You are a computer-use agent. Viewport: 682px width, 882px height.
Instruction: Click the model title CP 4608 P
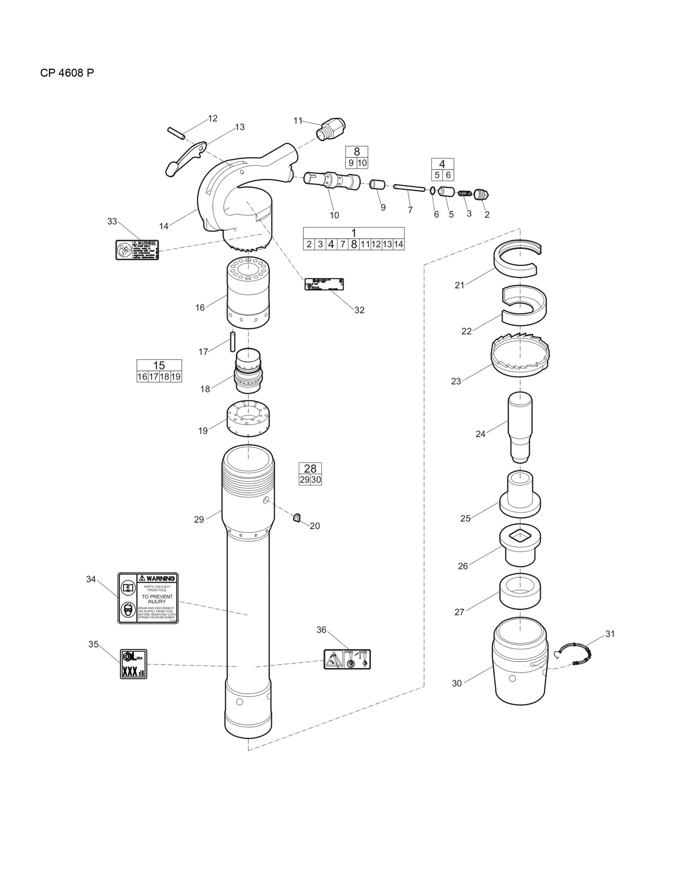click(x=67, y=73)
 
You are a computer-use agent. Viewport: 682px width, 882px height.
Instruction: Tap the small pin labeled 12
click(x=175, y=133)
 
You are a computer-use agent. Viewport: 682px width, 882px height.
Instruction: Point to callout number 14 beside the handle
click(x=164, y=226)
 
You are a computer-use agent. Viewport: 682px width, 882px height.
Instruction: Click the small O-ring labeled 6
click(x=432, y=191)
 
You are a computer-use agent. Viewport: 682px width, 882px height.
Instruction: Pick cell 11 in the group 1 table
click(x=365, y=244)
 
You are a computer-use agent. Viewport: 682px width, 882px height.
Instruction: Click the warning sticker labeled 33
click(x=137, y=250)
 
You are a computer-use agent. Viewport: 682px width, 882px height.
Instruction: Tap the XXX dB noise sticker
click(x=134, y=664)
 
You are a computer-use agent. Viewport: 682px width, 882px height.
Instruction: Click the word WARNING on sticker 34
click(x=157, y=578)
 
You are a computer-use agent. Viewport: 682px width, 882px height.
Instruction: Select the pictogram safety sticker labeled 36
click(x=347, y=659)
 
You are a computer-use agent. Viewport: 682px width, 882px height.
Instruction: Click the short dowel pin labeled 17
click(x=233, y=341)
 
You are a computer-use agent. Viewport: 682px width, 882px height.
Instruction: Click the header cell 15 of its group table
click(x=159, y=366)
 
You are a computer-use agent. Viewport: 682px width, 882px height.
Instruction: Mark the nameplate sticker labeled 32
click(x=324, y=284)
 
